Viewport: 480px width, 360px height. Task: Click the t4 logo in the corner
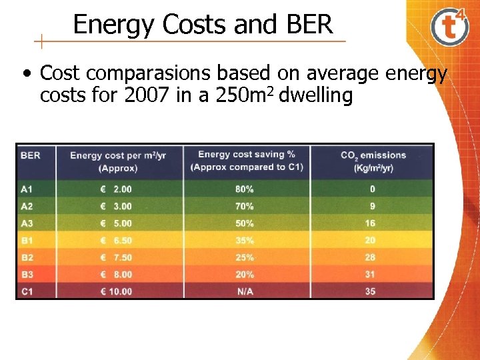pyautogui.click(x=449, y=26)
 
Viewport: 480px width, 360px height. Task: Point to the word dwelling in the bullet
pyautogui.click(x=316, y=96)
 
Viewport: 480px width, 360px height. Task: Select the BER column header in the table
pyautogui.click(x=31, y=155)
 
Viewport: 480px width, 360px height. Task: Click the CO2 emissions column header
pyautogui.click(x=373, y=161)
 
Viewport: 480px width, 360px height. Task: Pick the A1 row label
pyautogui.click(x=27, y=189)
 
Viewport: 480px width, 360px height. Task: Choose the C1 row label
pyautogui.click(x=27, y=291)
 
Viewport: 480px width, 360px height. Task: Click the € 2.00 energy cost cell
pyautogui.click(x=116, y=189)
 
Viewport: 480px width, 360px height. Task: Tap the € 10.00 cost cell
pyautogui.click(x=116, y=291)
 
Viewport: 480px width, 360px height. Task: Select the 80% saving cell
pyautogui.click(x=244, y=189)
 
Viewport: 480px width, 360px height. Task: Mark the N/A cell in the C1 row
pyautogui.click(x=244, y=291)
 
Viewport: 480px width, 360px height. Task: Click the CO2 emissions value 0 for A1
pyautogui.click(x=373, y=189)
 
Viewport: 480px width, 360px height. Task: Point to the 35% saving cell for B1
pyautogui.click(x=244, y=240)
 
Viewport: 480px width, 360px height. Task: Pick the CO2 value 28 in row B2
pyautogui.click(x=371, y=257)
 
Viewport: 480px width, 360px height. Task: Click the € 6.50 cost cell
pyautogui.click(x=116, y=240)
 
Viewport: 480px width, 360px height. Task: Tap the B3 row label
pyautogui.click(x=27, y=274)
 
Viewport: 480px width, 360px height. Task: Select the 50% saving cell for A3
pyautogui.click(x=244, y=223)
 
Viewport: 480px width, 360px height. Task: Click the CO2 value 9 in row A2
pyautogui.click(x=372, y=207)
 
